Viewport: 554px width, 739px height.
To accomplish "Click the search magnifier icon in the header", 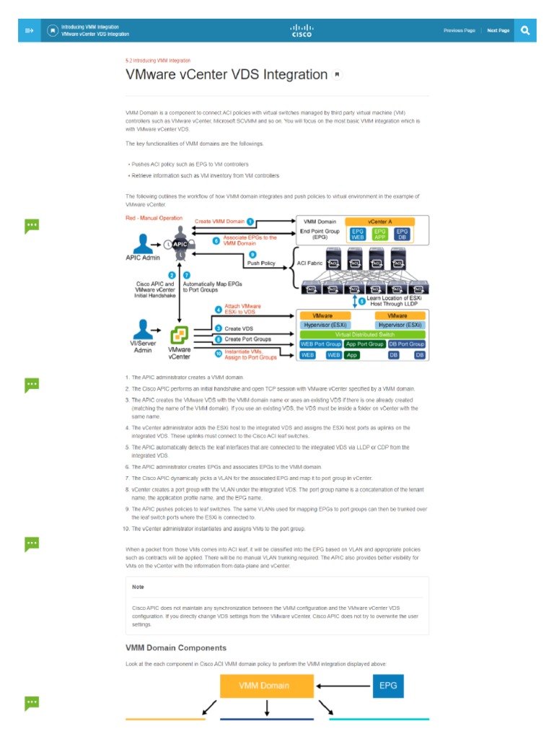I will tap(525, 30).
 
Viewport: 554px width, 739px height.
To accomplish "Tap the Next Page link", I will tap(498, 31).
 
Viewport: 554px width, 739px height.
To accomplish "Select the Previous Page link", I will tap(459, 31).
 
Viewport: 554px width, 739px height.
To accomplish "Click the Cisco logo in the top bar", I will tap(302, 30).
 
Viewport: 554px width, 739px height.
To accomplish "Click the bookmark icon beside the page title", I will tap(337, 75).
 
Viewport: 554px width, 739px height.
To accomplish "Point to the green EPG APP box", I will tap(379, 233).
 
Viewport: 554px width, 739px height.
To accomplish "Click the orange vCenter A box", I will tap(379, 221).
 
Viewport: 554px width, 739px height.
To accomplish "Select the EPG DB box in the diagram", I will tap(403, 233).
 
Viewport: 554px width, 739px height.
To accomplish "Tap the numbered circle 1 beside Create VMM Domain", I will tap(250, 221).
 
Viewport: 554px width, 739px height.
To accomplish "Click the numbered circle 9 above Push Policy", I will tap(252, 254).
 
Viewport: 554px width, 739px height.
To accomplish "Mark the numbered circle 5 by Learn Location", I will tap(362, 301).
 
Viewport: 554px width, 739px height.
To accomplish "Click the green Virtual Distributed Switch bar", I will tap(362, 335).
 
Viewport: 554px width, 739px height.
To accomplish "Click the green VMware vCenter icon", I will tap(179, 336).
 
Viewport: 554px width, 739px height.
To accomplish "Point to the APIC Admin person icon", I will tap(144, 242).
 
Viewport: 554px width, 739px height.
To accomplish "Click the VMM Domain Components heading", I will tap(176, 647).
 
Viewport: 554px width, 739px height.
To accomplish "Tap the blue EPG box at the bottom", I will tap(387, 686).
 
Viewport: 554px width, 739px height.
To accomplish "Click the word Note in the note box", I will tap(138, 587).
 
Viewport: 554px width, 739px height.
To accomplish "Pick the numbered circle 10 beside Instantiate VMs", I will tap(219, 353).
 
